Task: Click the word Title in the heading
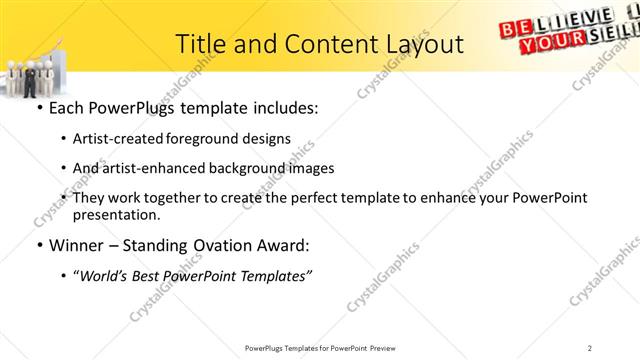click(201, 44)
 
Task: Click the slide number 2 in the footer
click(618, 348)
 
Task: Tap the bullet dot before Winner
click(38, 246)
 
